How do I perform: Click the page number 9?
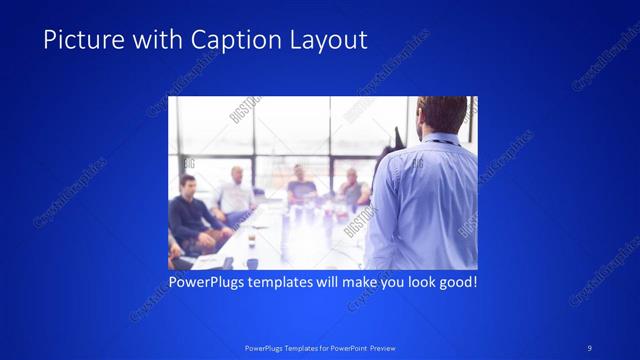pos(590,347)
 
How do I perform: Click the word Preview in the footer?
pos(378,347)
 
